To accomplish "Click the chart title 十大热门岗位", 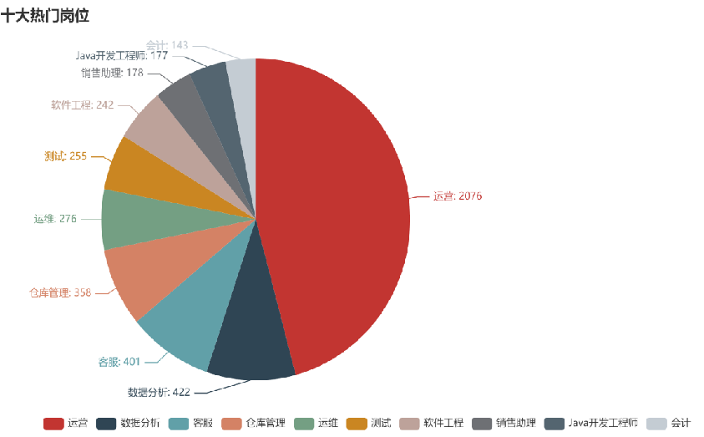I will (x=45, y=15).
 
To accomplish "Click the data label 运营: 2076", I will (x=457, y=196).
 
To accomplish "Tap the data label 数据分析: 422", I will (x=159, y=391).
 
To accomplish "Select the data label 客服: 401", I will (x=119, y=362).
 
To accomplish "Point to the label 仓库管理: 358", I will (x=59, y=292).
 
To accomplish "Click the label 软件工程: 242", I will (x=82, y=105).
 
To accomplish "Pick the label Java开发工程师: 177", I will (x=122, y=55).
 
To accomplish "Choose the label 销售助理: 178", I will (x=112, y=73).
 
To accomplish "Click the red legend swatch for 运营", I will (x=53, y=423).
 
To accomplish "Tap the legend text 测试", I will (x=382, y=423).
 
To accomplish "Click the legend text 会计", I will (x=681, y=423).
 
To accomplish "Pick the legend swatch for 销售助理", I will (x=482, y=423).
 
